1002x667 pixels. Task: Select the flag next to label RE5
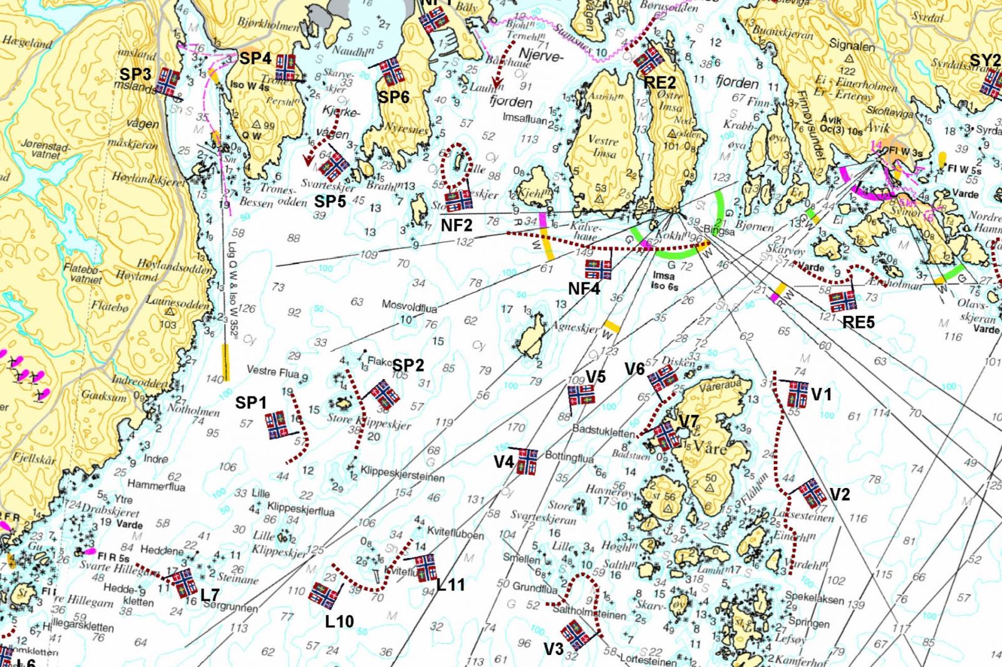pyautogui.click(x=843, y=300)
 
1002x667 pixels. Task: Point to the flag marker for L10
pyautogui.click(x=324, y=595)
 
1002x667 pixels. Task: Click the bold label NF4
pyautogui.click(x=584, y=289)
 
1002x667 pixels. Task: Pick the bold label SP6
pyautogui.click(x=393, y=97)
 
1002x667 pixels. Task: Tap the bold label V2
pyautogui.click(x=840, y=494)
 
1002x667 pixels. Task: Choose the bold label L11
pyautogui.click(x=451, y=585)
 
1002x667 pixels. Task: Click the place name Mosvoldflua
pyautogui.click(x=410, y=308)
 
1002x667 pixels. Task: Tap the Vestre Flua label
pyautogui.click(x=272, y=372)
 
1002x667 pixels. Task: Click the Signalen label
pyautogui.click(x=852, y=46)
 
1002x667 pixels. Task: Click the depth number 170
pyautogui.click(x=516, y=428)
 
